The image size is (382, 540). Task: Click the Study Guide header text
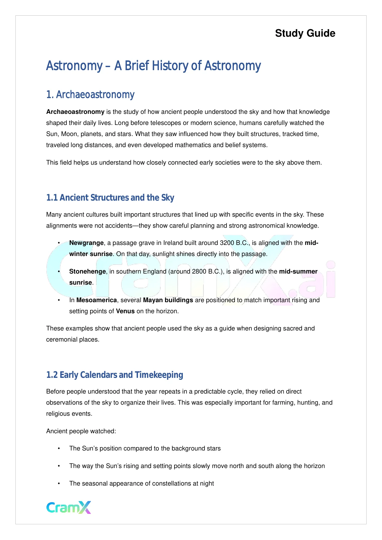coord(305,33)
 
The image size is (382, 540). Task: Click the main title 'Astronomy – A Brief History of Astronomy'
coord(153,66)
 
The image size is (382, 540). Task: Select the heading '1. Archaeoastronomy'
coord(90,95)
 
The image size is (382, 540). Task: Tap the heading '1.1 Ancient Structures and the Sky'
coord(110,198)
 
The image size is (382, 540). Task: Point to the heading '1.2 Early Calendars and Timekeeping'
coord(115,375)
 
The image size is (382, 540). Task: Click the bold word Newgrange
coord(86,243)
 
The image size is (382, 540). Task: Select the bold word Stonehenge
coord(87,271)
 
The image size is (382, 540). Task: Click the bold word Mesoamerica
coord(96,300)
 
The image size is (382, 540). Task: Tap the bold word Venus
coord(125,311)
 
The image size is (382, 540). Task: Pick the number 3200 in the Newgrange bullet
coord(227,243)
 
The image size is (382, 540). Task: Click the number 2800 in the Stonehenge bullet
coord(199,271)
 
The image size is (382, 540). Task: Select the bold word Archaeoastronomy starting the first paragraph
coord(75,112)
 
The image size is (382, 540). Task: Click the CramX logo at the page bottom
coord(69,507)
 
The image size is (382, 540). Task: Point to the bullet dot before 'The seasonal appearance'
coord(58,483)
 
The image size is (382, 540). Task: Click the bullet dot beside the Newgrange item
coord(58,243)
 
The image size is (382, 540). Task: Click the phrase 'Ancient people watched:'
coord(81,431)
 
